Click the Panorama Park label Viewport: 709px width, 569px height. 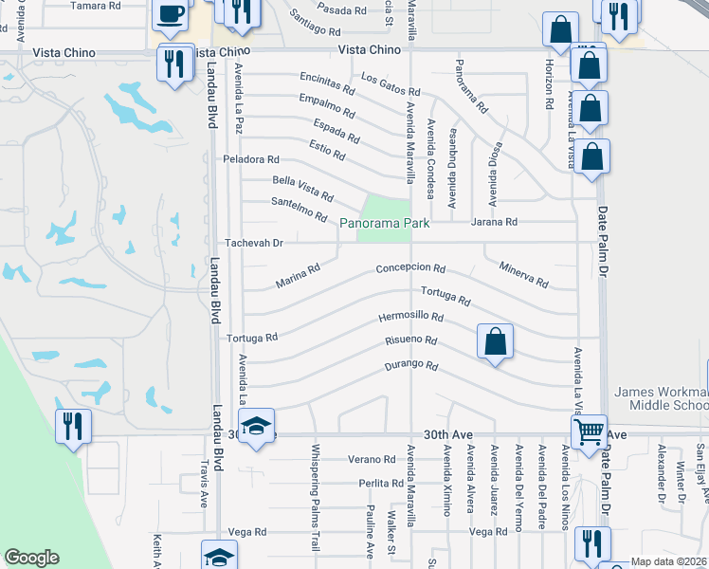(385, 223)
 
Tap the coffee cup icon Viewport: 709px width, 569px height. (171, 13)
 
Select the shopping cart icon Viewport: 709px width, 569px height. (590, 431)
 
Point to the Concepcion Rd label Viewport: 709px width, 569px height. (410, 268)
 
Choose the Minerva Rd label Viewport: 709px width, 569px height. (524, 275)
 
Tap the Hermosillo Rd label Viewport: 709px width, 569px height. (411, 317)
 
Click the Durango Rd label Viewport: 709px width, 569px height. (410, 366)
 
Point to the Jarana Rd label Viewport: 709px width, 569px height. (497, 222)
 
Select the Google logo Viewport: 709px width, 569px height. (32, 558)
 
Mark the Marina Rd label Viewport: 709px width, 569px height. (298, 276)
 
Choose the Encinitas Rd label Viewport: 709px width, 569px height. (326, 83)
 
